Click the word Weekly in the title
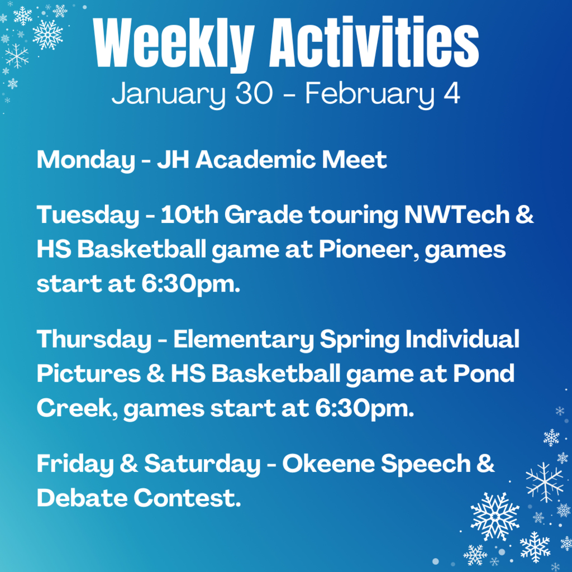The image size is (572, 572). [173, 44]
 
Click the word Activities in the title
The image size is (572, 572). [374, 41]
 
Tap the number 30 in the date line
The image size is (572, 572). [254, 93]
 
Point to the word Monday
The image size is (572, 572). [85, 160]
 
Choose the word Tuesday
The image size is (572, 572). [88, 215]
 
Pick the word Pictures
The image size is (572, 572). [89, 374]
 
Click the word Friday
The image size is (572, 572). [75, 464]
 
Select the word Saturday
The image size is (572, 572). [202, 464]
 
